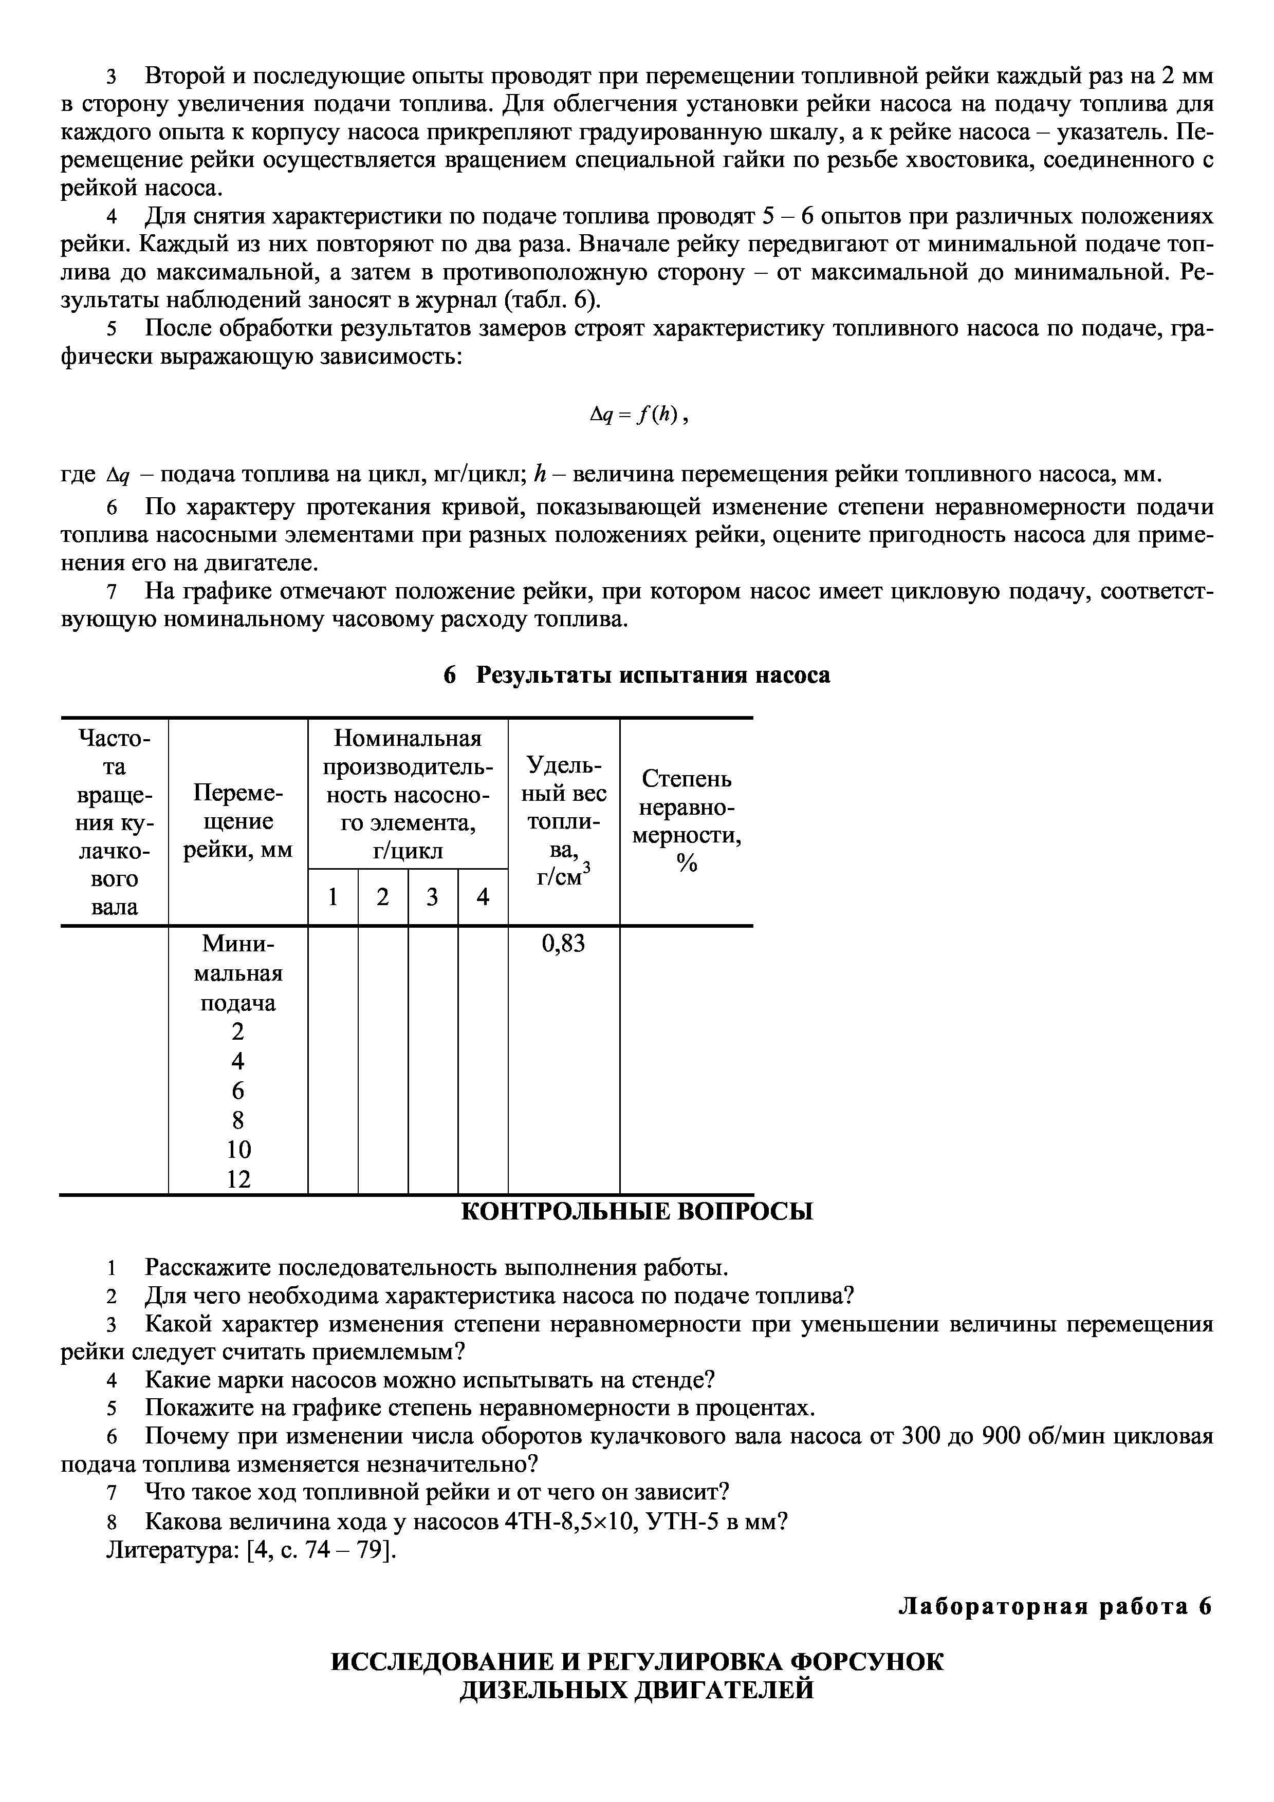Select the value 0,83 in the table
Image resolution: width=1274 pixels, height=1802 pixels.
pyautogui.click(x=564, y=944)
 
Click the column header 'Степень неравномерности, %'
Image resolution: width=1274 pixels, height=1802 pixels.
pyautogui.click(x=687, y=821)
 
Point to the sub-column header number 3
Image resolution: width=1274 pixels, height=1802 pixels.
pyautogui.click(x=433, y=897)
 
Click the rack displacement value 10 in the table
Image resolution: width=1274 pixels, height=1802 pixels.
pyautogui.click(x=238, y=1150)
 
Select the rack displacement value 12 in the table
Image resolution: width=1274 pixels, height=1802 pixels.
pyautogui.click(x=238, y=1179)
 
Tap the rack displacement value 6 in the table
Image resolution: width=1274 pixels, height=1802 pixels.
pyautogui.click(x=238, y=1091)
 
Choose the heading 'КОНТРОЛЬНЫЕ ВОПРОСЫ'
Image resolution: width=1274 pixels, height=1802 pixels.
pyautogui.click(x=637, y=1212)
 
